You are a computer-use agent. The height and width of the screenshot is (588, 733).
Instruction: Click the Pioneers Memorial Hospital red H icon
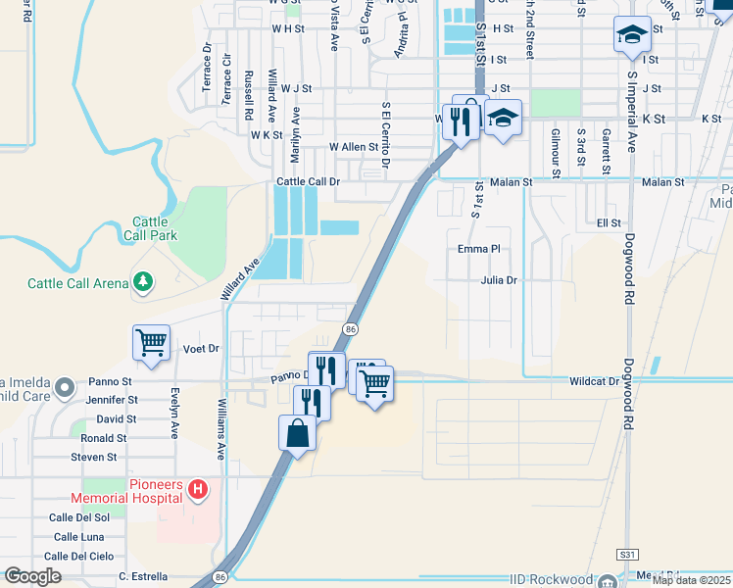tap(198, 488)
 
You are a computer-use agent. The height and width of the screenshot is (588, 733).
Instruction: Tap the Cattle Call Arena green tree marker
tap(143, 283)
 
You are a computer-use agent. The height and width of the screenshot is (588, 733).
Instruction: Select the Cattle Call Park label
tap(150, 228)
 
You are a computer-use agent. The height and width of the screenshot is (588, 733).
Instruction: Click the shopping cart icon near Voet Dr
tap(151, 342)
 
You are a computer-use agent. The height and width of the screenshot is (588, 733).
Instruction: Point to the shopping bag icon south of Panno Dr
tap(298, 432)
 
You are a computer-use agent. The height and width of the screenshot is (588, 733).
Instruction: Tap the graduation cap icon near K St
tap(503, 119)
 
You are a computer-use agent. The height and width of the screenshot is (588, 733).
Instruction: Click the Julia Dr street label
tap(499, 280)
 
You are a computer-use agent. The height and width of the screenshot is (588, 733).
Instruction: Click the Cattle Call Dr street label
tap(308, 181)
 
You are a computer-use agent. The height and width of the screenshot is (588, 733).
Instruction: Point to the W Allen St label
tap(353, 146)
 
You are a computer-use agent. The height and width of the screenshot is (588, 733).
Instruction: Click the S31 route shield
tap(627, 555)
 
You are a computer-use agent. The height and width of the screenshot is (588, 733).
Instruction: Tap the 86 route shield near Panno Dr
tap(350, 327)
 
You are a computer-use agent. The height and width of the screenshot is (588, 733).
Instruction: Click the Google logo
tap(32, 576)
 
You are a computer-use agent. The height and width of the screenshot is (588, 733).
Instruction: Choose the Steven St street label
tap(93, 457)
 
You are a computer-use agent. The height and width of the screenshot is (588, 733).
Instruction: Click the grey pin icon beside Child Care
tap(66, 387)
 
